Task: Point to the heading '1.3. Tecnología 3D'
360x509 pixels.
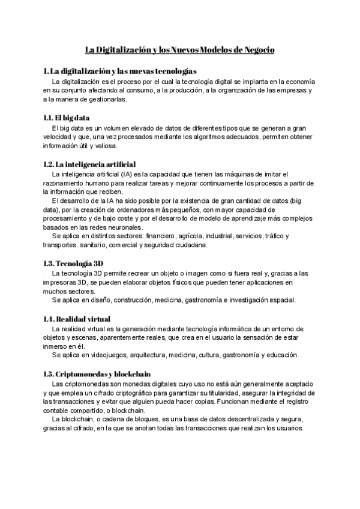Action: click(73, 263)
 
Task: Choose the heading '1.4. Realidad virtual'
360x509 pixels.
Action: click(76, 318)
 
